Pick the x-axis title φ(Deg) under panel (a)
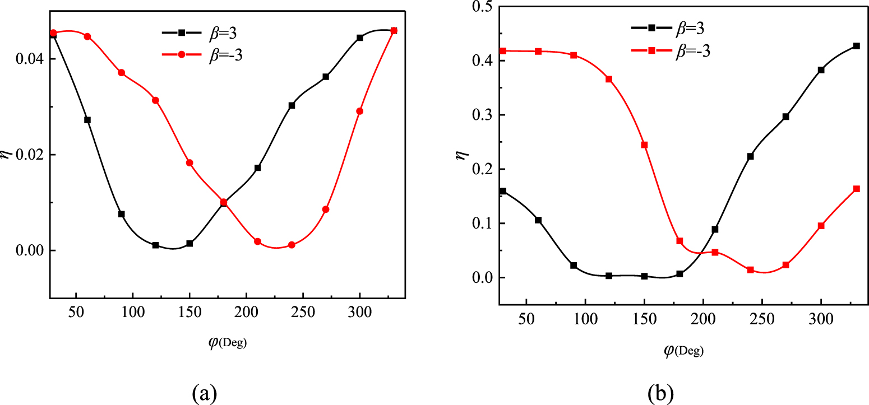[x=228, y=342]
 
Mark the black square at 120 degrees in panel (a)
[x=155, y=245]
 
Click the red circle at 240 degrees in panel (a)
[x=292, y=245]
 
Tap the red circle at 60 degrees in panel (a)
[x=87, y=36]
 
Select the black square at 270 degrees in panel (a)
[x=326, y=77]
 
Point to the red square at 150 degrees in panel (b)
[x=644, y=145]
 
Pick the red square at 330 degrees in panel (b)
[x=856, y=189]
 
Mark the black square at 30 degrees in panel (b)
[x=503, y=191]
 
